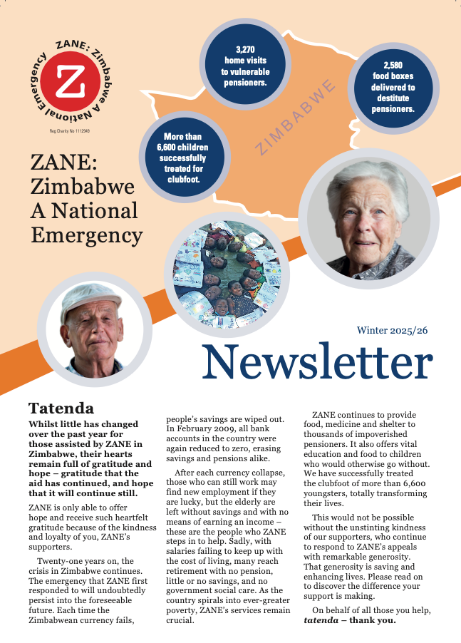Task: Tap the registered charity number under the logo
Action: coord(69,132)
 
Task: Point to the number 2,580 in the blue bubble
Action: coord(393,64)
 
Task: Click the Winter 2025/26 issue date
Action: coord(393,331)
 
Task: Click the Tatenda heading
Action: coord(61,408)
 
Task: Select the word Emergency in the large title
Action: coord(86,235)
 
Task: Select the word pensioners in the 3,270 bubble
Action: coord(244,82)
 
